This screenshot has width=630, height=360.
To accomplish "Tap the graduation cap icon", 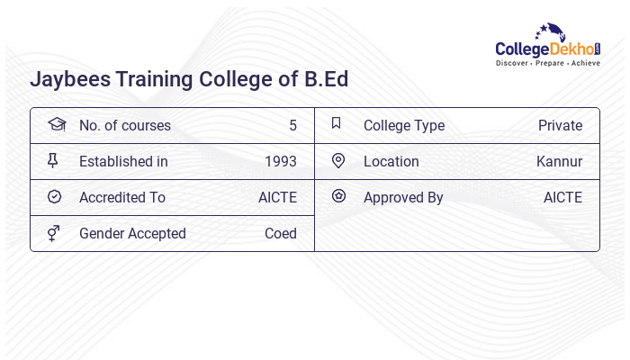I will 56,124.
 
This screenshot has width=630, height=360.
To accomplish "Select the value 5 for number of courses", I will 292,126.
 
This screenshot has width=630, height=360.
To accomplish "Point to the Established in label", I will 123,162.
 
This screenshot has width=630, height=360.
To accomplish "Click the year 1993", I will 280,162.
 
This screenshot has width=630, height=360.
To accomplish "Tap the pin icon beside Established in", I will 53,160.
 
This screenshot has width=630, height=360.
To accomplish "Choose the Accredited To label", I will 122,198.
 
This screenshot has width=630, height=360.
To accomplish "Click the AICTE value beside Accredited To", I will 277,198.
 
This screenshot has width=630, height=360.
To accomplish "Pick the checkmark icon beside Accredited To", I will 54,196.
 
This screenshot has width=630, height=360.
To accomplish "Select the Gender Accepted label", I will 132,234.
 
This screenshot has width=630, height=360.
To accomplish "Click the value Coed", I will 280,234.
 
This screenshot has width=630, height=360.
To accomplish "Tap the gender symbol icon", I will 54,233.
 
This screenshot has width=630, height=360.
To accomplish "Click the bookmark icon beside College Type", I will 337,123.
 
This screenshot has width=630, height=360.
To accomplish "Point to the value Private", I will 560,126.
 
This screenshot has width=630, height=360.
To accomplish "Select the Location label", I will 391,162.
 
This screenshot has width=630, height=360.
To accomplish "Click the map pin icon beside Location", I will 338,160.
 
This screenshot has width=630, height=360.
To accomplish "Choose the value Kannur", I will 559,162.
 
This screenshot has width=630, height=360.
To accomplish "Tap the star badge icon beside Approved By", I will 338,195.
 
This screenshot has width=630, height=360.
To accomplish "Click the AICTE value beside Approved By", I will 562,198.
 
